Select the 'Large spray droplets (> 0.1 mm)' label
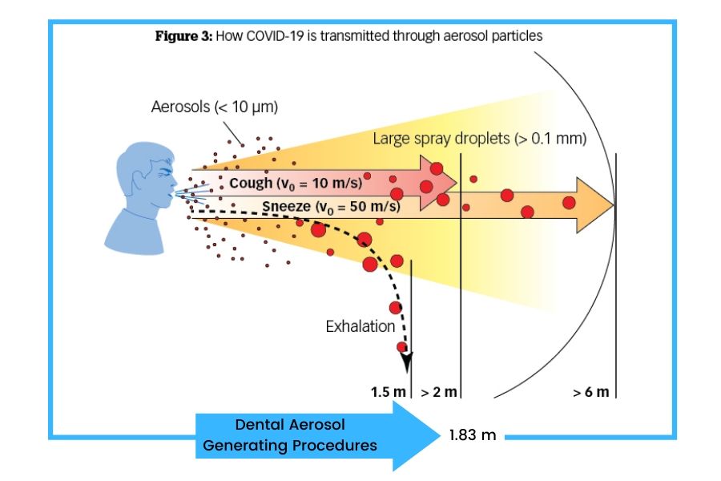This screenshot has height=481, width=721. [x=479, y=139]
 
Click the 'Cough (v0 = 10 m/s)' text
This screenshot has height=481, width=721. [x=295, y=183]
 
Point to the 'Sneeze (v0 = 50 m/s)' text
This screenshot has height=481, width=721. [x=331, y=207]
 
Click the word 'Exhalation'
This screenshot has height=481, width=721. [x=360, y=326]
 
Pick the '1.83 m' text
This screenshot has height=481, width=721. [x=472, y=435]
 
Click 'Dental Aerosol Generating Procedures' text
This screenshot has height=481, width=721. [x=290, y=435]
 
